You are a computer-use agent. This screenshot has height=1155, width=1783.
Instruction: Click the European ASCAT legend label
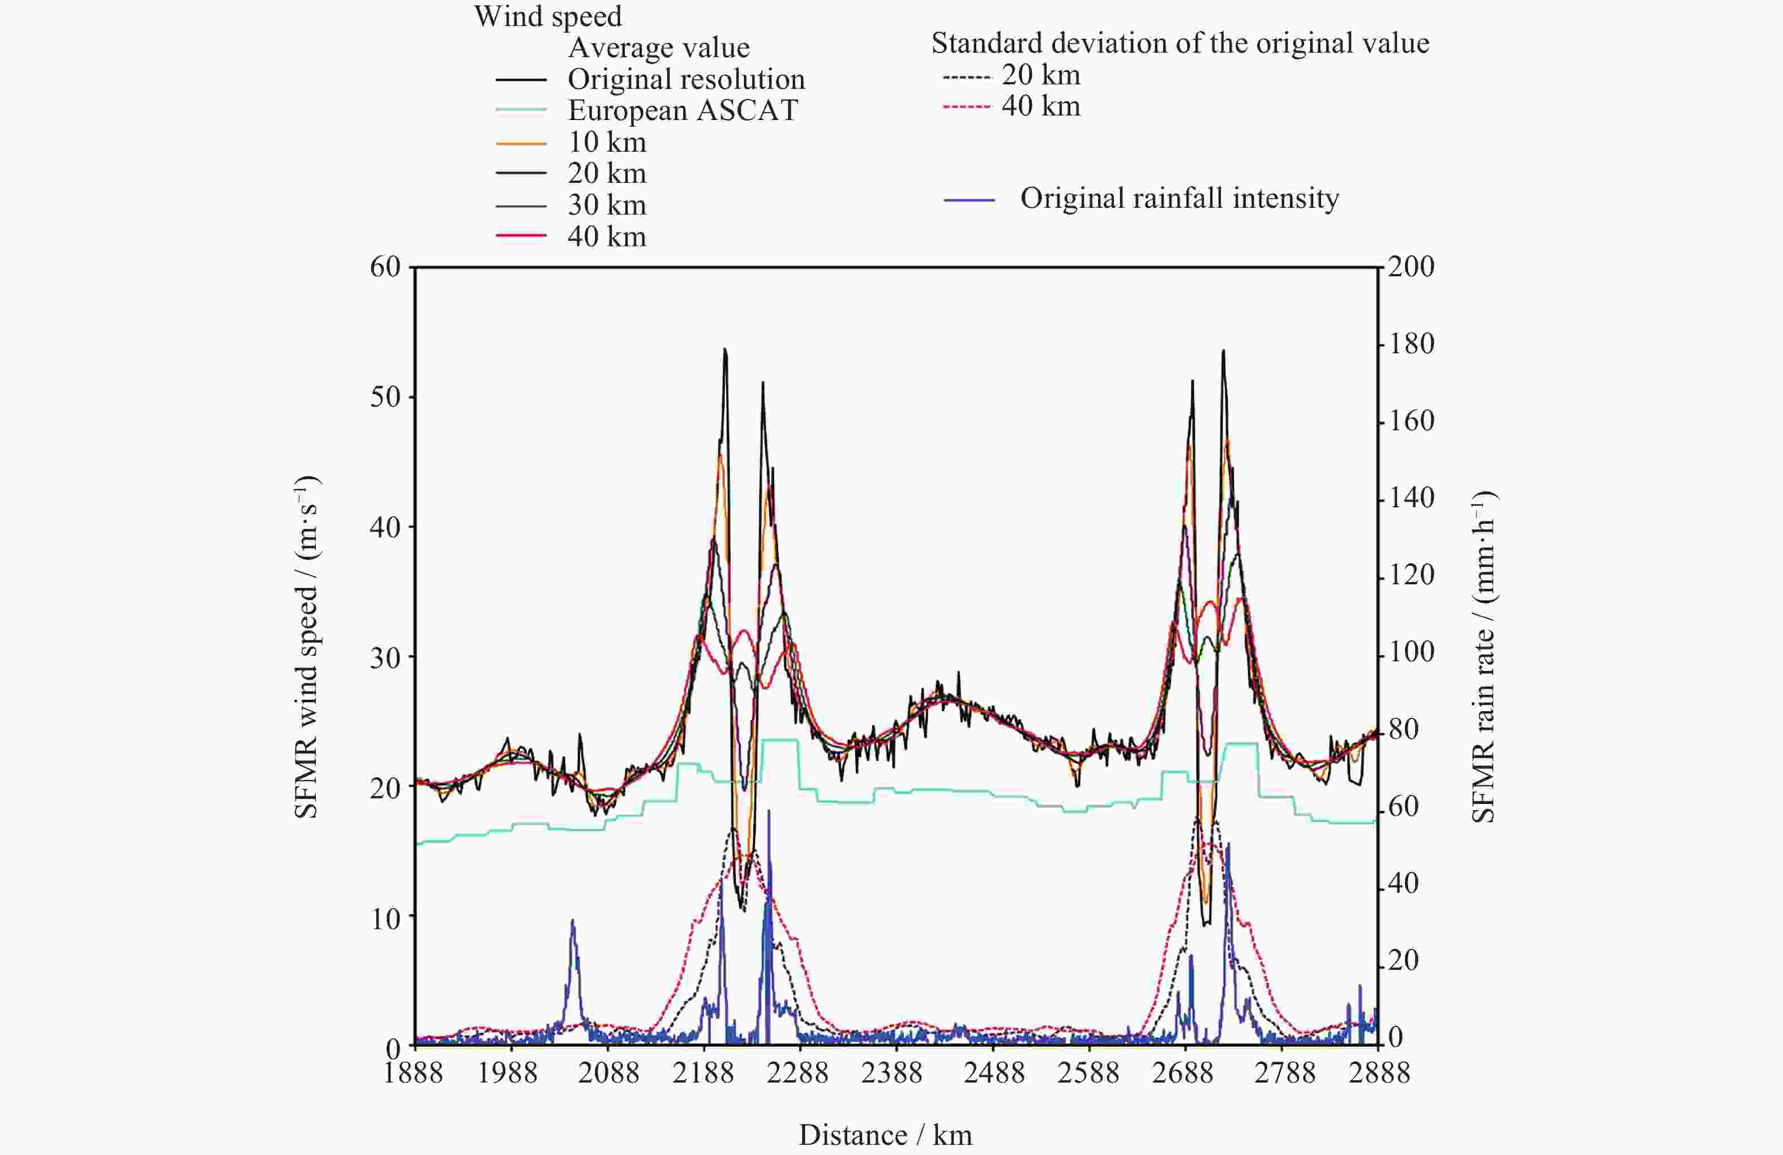tap(683, 110)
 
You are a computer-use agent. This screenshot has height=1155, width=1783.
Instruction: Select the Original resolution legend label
tap(685, 79)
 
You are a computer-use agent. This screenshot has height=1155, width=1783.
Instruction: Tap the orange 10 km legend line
tap(521, 142)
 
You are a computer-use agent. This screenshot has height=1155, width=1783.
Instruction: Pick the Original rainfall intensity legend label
tap(1179, 198)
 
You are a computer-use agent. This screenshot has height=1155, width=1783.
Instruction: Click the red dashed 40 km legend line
tap(966, 106)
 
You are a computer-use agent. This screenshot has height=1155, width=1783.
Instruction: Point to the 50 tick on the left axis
tap(386, 396)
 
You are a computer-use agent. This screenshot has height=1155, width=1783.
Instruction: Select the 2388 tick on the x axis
tap(891, 1072)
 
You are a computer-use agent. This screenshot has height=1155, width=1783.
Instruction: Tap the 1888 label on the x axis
tap(414, 1072)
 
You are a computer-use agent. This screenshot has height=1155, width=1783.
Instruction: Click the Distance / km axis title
tap(885, 1135)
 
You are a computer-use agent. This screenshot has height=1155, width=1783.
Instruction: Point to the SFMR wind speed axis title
tap(306, 647)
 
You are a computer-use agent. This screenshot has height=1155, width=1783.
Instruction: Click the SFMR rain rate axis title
tap(1484, 657)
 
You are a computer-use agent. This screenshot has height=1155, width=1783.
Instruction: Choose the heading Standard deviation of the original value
tap(1180, 44)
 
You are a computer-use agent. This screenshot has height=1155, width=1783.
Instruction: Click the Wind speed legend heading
tap(548, 16)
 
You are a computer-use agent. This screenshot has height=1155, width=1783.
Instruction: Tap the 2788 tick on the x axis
tap(1285, 1072)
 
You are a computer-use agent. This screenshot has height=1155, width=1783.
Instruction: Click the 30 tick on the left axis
tap(386, 657)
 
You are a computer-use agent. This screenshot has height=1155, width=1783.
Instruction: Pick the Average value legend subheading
tap(658, 47)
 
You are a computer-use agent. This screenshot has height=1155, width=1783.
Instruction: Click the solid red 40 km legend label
tap(607, 237)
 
